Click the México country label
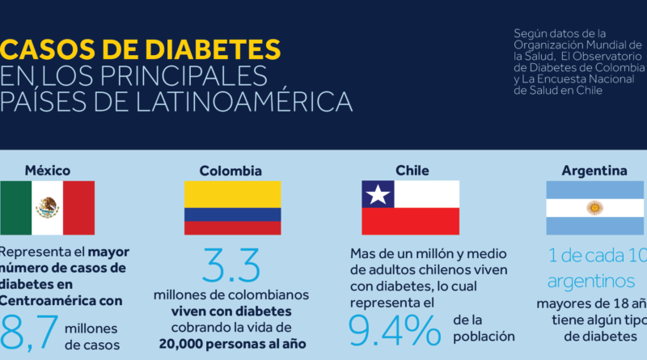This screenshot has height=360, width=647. click(47, 171)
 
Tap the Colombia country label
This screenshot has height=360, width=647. click(231, 171)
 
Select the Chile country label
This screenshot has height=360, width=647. click(412, 171)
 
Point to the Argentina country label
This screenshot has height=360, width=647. click(594, 171)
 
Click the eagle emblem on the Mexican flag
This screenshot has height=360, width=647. click(47, 208)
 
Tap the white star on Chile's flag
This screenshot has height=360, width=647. click(377, 194)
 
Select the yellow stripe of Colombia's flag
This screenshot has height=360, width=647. click(232, 194)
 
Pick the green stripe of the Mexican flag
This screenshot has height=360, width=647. click(15, 208)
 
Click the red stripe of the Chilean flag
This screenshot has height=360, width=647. click(410, 221)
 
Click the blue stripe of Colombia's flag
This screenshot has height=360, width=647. click(232, 214)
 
